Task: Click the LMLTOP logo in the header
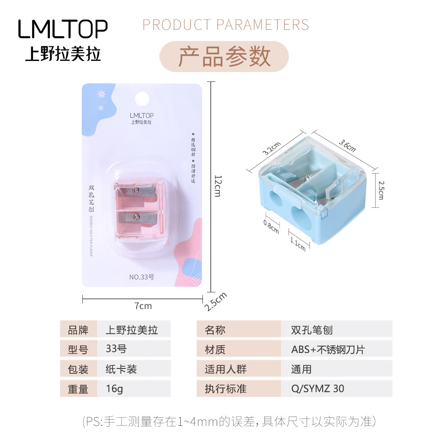[x=63, y=29]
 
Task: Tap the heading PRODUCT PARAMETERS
[x=226, y=24]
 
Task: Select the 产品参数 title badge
[x=224, y=57]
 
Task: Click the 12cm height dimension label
[x=218, y=185]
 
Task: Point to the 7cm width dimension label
[x=143, y=306]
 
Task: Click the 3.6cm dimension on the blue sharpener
[x=347, y=143]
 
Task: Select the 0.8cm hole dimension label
[x=271, y=227]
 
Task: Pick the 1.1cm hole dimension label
[x=298, y=243]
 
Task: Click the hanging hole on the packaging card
[x=142, y=97]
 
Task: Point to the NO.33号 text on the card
[x=142, y=277]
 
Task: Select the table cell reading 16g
[x=114, y=388]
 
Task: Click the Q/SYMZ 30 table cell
[x=318, y=388]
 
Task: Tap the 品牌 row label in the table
[x=78, y=330]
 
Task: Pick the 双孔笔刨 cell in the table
[x=312, y=330]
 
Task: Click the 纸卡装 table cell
[x=121, y=369]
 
